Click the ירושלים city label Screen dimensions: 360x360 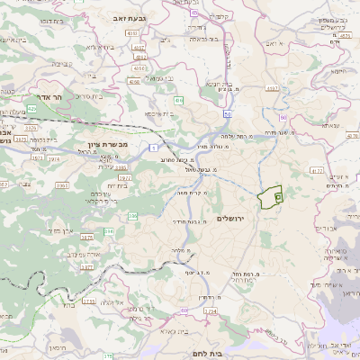237,219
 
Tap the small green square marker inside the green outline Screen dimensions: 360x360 278,195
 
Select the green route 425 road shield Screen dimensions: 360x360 32,108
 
